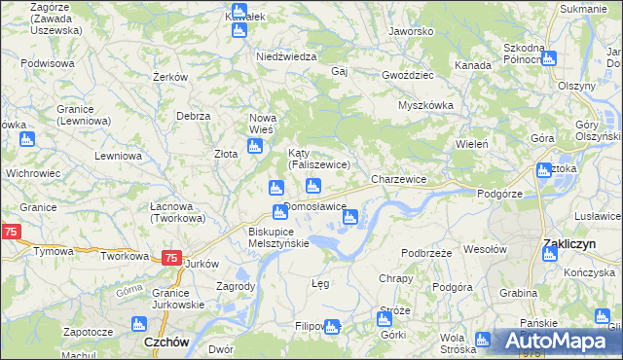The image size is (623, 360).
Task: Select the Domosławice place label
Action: [x=315, y=207]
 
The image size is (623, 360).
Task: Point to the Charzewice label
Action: [x=399, y=180]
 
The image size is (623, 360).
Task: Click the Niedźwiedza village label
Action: [x=286, y=56]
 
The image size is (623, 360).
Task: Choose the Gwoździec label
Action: [x=408, y=74]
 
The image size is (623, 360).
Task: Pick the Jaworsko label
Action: [x=410, y=31]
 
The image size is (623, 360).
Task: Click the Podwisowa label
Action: [x=48, y=63]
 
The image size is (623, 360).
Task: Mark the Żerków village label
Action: [x=170, y=77]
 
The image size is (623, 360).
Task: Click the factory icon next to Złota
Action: [x=255, y=148]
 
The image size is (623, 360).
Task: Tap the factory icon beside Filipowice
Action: [x=332, y=327]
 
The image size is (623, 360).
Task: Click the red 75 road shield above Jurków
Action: [x=170, y=258]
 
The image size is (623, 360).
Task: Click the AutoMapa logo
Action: [x=556, y=341]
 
